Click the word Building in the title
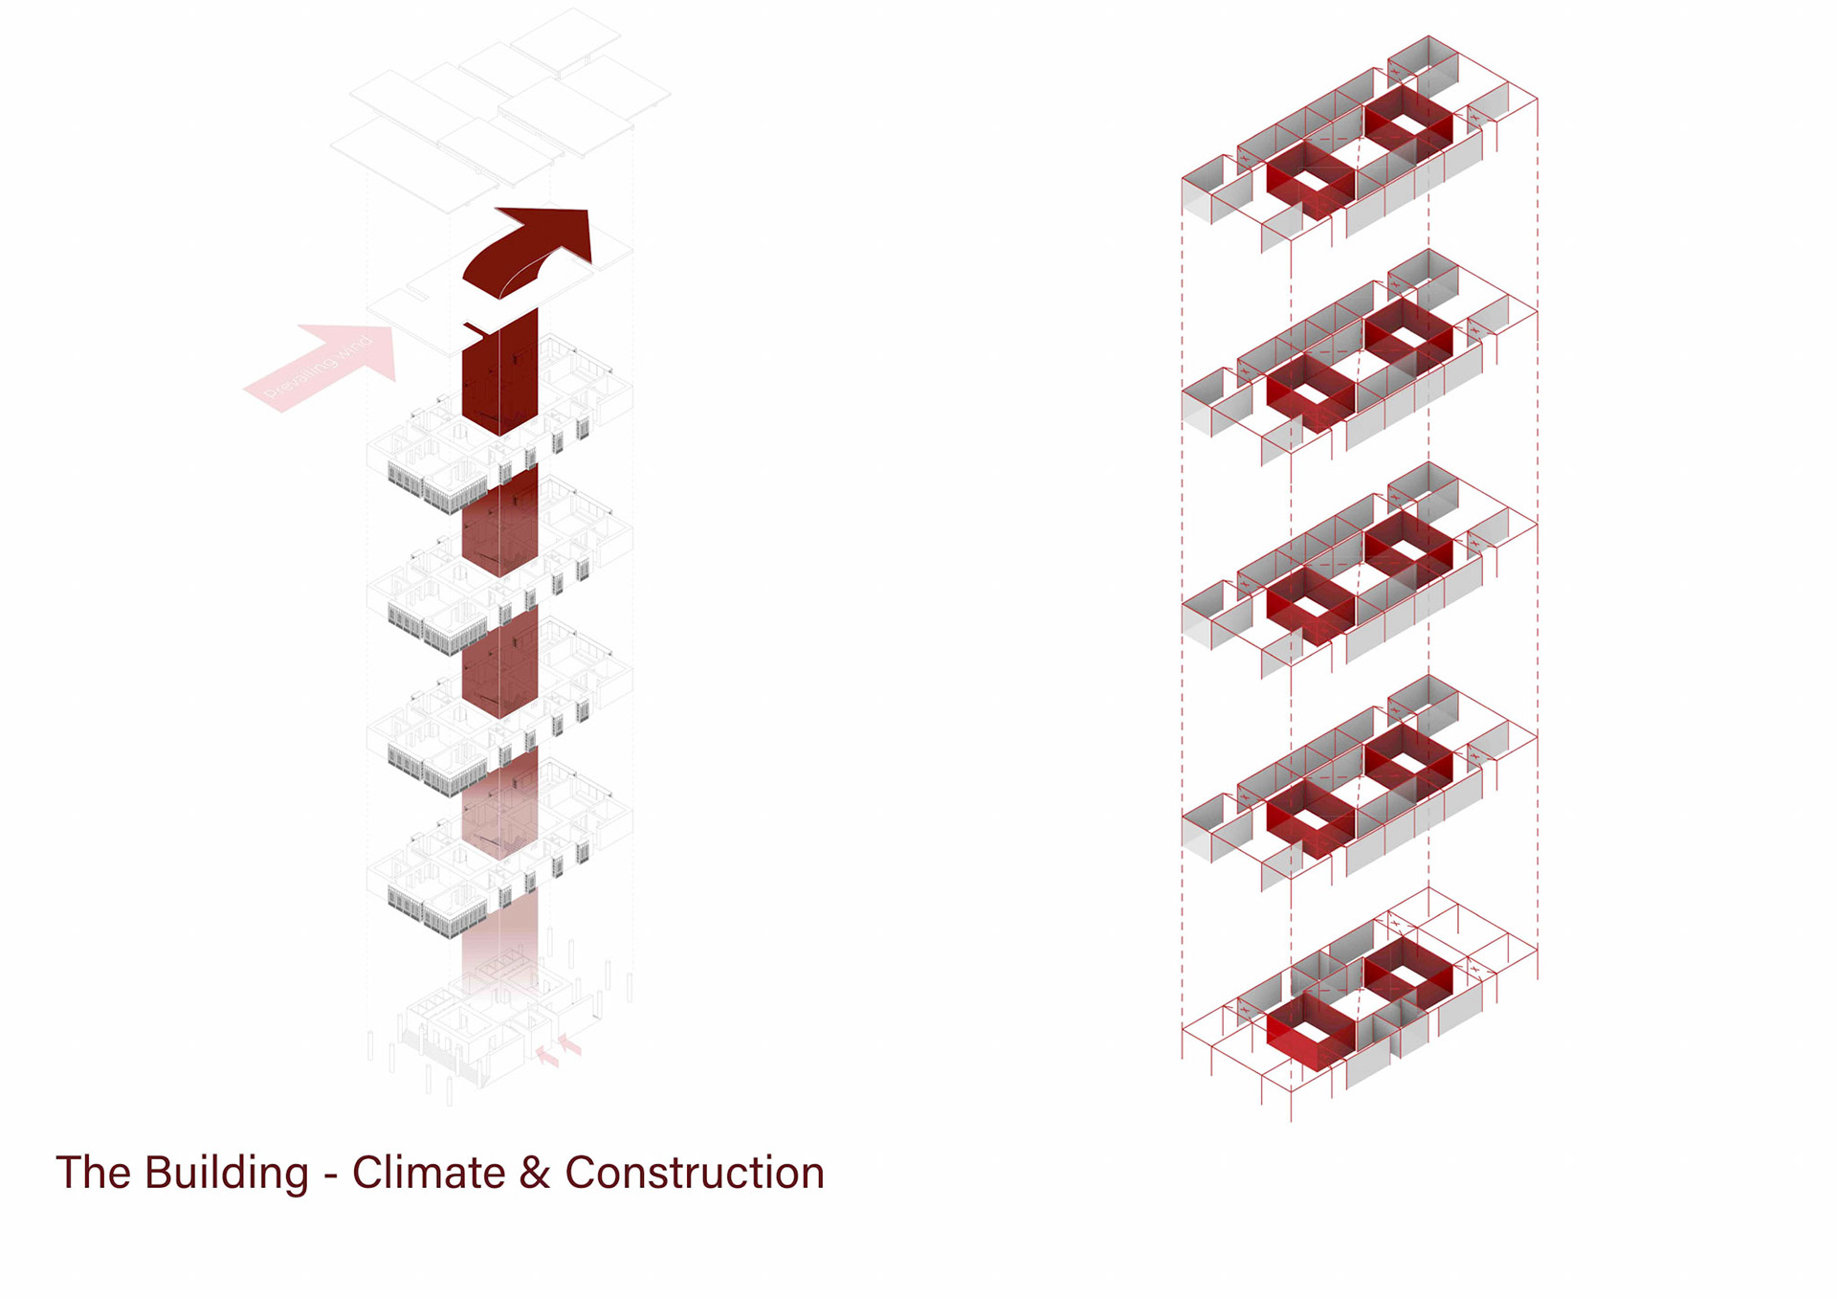pos(227,1174)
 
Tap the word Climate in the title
pos(429,1173)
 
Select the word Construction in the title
pos(695,1173)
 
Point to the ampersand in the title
pos(535,1174)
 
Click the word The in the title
pos(93,1173)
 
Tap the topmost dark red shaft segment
pos(499,378)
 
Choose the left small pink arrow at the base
pos(546,1056)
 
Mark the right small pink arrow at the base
pos(570,1044)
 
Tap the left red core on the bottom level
pos(1310,1032)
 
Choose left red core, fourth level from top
pos(1310,819)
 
